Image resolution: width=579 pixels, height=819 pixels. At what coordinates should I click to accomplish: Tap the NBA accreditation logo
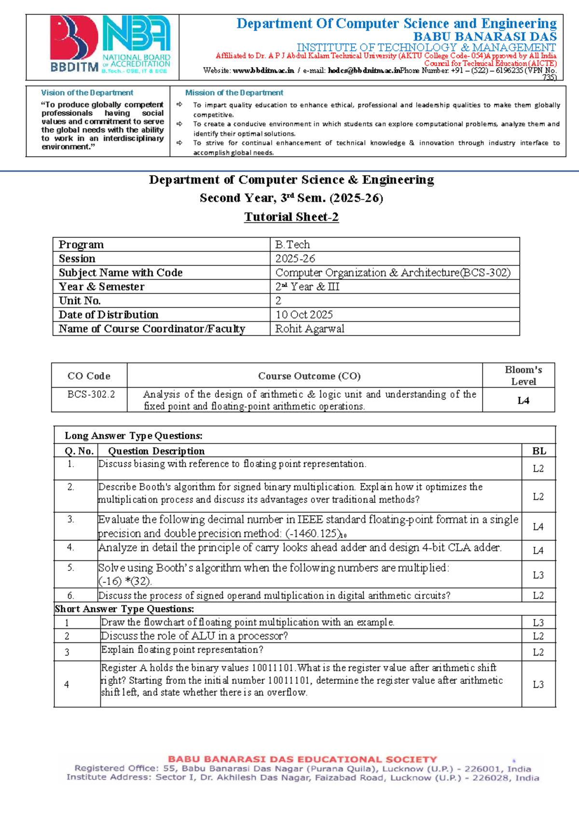click(x=136, y=44)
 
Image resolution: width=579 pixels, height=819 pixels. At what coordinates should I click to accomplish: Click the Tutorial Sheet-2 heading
click(x=291, y=217)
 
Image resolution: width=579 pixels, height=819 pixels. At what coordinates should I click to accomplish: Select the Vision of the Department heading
click(x=87, y=93)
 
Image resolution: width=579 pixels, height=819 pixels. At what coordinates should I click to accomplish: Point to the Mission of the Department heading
click(x=234, y=93)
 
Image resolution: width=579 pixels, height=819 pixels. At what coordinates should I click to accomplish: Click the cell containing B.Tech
click(x=293, y=245)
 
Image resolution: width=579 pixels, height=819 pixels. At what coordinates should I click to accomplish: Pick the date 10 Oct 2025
click(x=304, y=315)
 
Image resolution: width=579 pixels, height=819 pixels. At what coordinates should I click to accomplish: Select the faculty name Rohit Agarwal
click(x=310, y=329)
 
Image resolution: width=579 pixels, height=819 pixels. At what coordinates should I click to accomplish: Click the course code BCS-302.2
click(x=91, y=394)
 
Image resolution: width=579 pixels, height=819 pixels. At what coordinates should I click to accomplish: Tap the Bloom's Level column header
click(x=523, y=375)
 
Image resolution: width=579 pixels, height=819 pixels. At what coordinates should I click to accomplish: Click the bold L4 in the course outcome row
click(x=523, y=401)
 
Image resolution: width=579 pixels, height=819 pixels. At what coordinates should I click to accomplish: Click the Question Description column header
click(x=156, y=451)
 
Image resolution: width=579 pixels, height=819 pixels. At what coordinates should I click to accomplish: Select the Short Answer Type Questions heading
click(x=124, y=609)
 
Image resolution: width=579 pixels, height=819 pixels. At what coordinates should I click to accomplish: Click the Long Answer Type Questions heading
click(x=134, y=436)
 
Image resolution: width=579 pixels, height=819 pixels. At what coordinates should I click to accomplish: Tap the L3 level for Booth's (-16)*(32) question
click(x=538, y=575)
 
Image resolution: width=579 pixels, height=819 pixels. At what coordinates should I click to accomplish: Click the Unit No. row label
click(x=80, y=301)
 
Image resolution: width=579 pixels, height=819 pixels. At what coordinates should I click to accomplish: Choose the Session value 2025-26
click(x=295, y=259)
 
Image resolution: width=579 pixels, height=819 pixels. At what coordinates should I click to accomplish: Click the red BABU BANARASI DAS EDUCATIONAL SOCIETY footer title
click(x=303, y=760)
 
